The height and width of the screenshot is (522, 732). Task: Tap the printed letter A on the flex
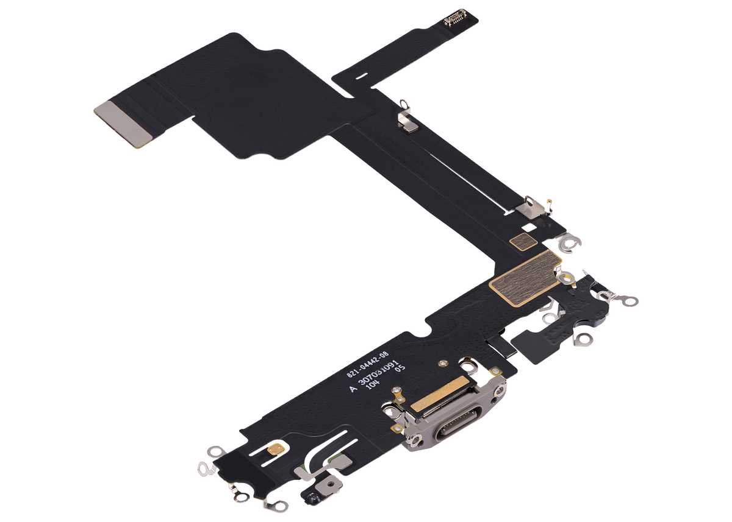352,387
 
